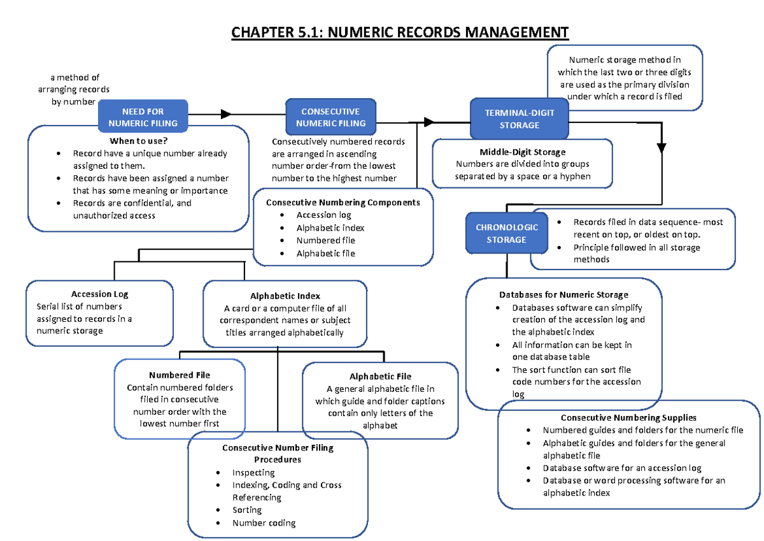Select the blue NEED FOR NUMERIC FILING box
point(143,117)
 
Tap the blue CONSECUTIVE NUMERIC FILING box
point(330,117)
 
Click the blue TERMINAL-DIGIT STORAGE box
point(519,119)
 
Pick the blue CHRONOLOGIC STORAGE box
point(506,233)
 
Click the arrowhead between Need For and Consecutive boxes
point(225,114)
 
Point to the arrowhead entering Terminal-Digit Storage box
point(428,122)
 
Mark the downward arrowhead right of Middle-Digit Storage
point(661,148)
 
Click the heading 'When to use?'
point(138,141)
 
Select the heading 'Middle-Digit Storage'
point(522,152)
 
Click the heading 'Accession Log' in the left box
point(100,294)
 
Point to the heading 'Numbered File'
point(180,375)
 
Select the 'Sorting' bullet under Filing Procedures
point(247,510)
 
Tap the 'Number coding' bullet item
point(264,523)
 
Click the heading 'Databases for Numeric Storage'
point(563,294)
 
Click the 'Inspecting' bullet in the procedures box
point(253,472)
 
